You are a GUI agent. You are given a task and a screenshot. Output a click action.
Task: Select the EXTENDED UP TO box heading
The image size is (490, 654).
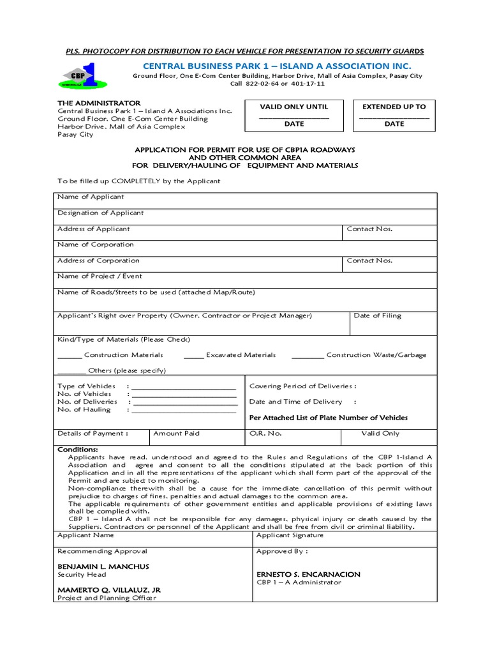(394, 107)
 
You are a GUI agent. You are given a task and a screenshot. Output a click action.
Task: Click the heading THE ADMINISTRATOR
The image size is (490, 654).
(99, 103)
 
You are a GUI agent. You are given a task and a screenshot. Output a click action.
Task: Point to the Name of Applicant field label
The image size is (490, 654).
(91, 197)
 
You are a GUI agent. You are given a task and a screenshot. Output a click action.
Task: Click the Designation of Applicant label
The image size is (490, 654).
(100, 213)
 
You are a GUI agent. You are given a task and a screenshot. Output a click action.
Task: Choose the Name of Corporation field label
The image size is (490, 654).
(96, 245)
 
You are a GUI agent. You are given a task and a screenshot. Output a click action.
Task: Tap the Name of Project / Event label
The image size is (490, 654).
(100, 277)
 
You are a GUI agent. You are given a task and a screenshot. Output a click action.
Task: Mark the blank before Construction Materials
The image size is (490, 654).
(70, 356)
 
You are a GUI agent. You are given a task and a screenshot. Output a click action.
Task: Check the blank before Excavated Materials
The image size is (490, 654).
(193, 356)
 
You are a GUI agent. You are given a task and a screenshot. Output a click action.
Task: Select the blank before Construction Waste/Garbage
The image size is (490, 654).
(308, 356)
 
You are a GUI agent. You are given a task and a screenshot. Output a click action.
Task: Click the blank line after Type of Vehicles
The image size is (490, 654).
(184, 388)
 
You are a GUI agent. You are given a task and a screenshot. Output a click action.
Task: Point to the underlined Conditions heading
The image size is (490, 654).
(78, 450)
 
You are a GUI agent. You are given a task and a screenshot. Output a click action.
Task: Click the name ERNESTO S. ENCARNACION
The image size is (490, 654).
(308, 574)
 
